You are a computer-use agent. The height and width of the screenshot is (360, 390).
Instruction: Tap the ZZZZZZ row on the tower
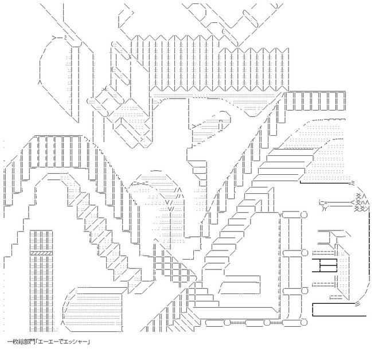[41, 253]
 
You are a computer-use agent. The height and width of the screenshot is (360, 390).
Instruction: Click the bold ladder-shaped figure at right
[325, 265]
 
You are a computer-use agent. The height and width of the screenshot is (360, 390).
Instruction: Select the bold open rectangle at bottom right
[339, 310]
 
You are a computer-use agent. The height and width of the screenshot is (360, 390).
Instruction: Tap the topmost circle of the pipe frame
[304, 214]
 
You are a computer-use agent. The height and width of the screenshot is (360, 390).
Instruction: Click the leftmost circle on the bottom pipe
[227, 323]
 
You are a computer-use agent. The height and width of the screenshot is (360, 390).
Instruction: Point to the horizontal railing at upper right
[315, 101]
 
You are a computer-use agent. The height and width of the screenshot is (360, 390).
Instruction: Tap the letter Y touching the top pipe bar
[279, 215]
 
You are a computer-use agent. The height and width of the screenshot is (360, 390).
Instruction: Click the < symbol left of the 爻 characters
[352, 202]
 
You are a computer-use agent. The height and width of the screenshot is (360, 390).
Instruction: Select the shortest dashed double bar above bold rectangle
[336, 296]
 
